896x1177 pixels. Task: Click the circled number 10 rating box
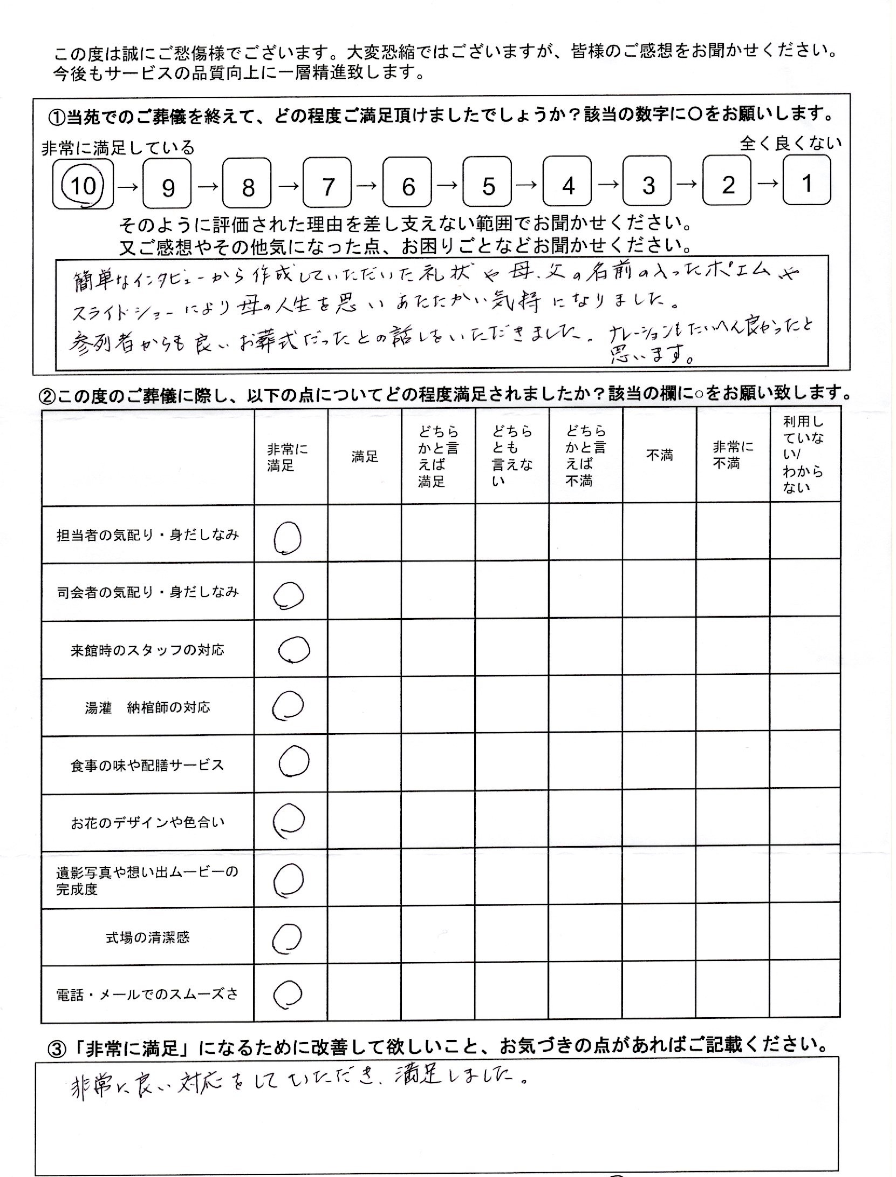point(83,184)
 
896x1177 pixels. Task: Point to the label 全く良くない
point(790,143)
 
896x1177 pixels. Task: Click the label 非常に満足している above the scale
point(118,148)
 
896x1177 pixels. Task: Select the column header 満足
point(365,457)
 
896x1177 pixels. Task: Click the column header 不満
point(659,456)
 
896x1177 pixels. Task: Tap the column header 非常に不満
point(733,455)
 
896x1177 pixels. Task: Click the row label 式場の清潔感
point(147,938)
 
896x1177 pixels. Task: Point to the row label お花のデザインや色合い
point(147,823)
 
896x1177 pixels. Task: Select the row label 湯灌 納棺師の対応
point(147,708)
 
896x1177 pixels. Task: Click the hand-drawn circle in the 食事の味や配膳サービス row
point(294,761)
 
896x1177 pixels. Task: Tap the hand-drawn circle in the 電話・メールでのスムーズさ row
point(288,994)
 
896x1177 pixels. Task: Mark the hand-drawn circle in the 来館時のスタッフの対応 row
point(294,649)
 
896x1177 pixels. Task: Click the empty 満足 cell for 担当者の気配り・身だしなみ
point(365,535)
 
